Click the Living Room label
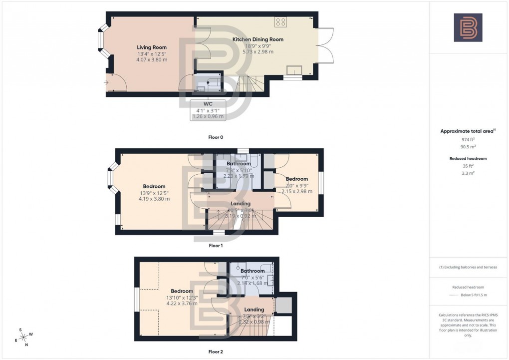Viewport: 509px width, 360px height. click(152, 47)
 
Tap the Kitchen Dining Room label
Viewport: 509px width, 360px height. click(258, 39)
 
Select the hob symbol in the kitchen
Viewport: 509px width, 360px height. click(280, 22)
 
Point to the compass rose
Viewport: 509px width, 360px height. click(23, 337)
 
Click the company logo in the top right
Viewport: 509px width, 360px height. click(468, 27)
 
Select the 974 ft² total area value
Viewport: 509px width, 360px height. click(468, 140)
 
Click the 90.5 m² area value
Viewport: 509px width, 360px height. click(468, 147)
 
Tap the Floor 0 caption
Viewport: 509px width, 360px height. click(216, 136)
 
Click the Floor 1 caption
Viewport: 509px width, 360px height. click(216, 245)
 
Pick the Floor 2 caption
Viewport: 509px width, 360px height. click(216, 352)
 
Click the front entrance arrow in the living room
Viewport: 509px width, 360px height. click(107, 82)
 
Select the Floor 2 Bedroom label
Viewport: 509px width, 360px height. click(182, 291)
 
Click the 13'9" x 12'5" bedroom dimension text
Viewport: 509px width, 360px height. click(154, 193)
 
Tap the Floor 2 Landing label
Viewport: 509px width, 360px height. click(254, 310)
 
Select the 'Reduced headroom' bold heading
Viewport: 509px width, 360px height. click(468, 158)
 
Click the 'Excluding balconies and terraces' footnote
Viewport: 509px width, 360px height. click(468, 267)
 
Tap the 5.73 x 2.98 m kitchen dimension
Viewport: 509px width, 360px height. click(258, 51)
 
